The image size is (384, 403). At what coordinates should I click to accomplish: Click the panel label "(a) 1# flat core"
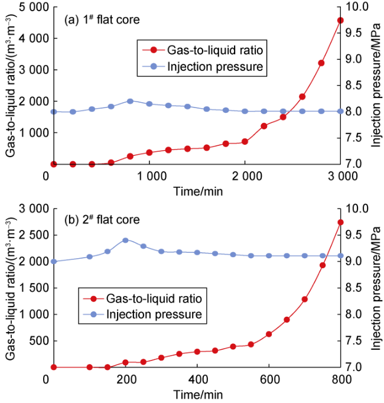coord(102,19)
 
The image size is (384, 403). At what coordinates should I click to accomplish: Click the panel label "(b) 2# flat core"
coord(102,220)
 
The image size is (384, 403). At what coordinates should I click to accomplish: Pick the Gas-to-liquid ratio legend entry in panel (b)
coord(142,297)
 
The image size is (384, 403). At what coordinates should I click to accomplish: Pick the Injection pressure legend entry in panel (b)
coord(142,314)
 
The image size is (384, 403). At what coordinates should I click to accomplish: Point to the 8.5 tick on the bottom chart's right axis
coord(356,288)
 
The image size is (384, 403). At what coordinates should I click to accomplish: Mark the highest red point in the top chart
coord(340,20)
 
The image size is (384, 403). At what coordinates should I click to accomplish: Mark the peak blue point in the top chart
coord(130,101)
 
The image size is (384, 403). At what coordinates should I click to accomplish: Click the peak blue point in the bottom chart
coord(125,240)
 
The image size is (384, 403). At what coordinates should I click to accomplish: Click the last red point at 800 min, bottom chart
coord(340,222)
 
